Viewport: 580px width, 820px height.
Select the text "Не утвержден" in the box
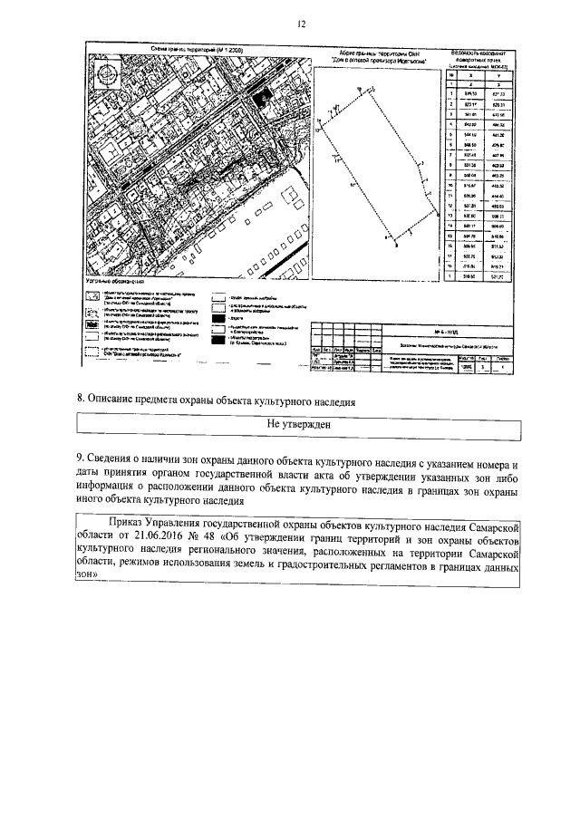(x=297, y=423)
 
